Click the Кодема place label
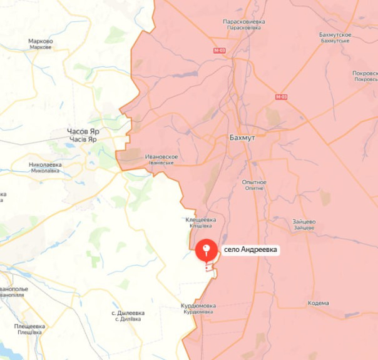pyautogui.click(x=318, y=303)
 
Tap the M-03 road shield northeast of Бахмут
pyautogui.click(x=281, y=97)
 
